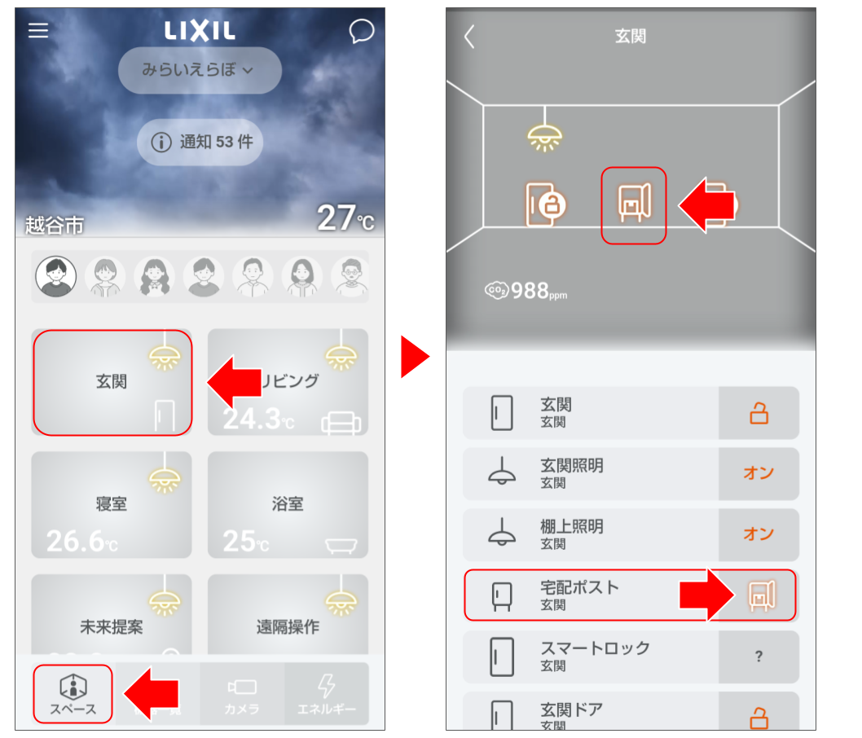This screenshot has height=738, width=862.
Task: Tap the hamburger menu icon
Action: (38, 30)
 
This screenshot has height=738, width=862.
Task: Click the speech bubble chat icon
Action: (361, 32)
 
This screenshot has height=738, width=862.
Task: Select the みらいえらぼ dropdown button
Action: (200, 70)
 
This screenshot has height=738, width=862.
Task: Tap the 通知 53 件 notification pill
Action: (200, 142)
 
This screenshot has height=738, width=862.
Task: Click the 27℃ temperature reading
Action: (345, 217)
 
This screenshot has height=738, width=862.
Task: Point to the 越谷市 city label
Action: (55, 226)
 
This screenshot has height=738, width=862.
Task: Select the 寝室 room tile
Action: (112, 505)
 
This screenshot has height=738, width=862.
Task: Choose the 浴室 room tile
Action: (288, 505)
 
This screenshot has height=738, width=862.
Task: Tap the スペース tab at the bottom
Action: (73, 694)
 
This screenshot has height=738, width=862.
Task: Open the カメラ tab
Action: (242, 694)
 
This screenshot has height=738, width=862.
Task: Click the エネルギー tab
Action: (326, 694)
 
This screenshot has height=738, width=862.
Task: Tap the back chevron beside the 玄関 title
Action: (469, 37)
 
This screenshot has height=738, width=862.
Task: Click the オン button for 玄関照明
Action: (758, 473)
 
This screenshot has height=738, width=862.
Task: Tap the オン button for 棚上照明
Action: (758, 534)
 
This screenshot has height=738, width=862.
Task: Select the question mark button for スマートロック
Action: (758, 657)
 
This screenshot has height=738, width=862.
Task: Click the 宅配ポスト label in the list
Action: (579, 588)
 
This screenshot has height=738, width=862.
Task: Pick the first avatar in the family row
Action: (56, 277)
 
